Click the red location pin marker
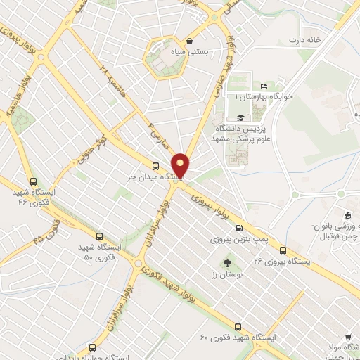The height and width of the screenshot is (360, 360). pyautogui.click(x=181, y=165)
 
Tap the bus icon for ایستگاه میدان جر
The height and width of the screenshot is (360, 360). pyautogui.click(x=155, y=167)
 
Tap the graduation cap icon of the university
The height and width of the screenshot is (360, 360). pyautogui.click(x=240, y=118)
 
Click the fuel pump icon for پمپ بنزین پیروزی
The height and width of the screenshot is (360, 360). pyautogui.click(x=240, y=228)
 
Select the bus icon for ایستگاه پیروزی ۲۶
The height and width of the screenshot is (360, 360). pyautogui.click(x=283, y=250)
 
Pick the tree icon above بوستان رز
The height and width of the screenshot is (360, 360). pyautogui.click(x=227, y=263)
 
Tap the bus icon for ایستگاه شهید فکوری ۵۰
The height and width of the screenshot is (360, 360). pyautogui.click(x=98, y=237)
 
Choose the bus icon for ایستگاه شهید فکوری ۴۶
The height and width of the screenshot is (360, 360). pyautogui.click(x=32, y=181)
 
